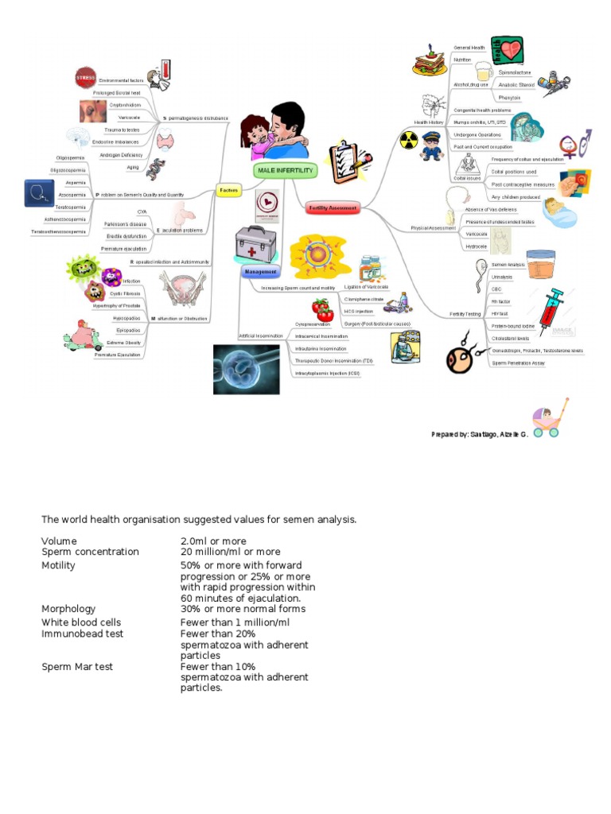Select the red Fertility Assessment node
(x=332, y=208)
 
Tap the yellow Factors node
(x=229, y=191)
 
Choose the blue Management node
(x=259, y=271)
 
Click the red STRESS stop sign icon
(x=85, y=78)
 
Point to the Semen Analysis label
(x=508, y=264)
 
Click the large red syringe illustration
(x=551, y=307)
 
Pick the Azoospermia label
(x=72, y=194)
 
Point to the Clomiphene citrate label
(x=364, y=299)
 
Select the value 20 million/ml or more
(x=230, y=552)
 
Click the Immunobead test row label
(x=82, y=634)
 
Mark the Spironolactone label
(x=515, y=72)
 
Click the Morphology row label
(x=68, y=609)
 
